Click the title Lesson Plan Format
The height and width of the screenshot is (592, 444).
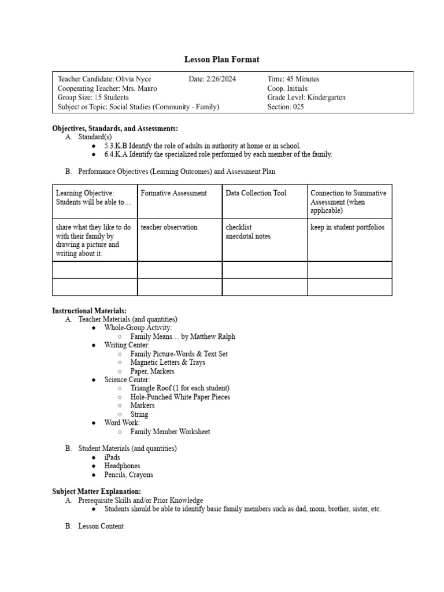click(x=221, y=59)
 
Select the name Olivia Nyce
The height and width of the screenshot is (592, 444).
click(x=134, y=79)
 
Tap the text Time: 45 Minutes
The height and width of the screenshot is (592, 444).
click(x=293, y=79)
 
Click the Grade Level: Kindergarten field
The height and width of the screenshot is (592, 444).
click(x=306, y=98)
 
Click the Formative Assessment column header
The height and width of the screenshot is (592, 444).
click(x=173, y=193)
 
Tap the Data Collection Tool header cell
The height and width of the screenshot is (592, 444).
click(x=256, y=193)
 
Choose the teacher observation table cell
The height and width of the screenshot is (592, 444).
click(x=169, y=227)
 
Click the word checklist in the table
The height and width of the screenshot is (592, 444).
click(x=239, y=227)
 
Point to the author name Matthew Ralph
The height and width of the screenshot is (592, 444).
click(x=214, y=336)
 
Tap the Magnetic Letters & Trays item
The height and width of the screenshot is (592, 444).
click(x=168, y=362)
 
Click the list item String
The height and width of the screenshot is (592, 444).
click(x=139, y=415)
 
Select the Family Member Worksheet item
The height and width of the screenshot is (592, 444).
click(x=170, y=432)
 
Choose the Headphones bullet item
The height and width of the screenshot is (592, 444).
click(x=122, y=466)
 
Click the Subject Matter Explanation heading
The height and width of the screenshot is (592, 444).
click(x=97, y=491)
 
